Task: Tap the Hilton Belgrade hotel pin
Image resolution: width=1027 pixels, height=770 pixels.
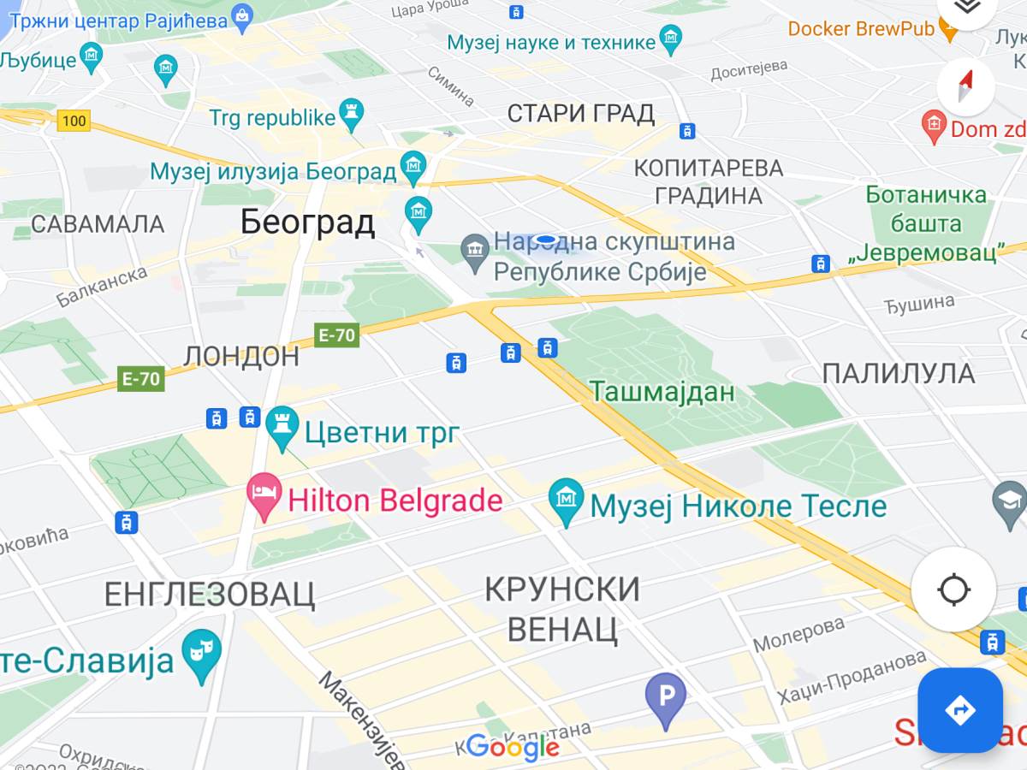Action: pos(264,495)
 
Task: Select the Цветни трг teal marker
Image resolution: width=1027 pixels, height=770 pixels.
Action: pos(282,427)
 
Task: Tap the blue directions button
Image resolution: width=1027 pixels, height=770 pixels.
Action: pos(959,710)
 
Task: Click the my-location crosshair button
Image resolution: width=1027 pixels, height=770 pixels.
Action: pos(953,589)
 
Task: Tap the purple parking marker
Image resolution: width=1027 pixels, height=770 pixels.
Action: pos(665,696)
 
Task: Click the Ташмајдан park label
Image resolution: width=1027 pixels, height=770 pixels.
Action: pos(662,392)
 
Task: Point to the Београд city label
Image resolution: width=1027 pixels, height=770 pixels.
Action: pos(307,222)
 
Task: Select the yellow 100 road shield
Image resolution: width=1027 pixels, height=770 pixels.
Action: pos(74,121)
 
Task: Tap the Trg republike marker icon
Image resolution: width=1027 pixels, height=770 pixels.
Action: pos(351,114)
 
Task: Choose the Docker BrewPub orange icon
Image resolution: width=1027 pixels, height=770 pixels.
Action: pos(948,29)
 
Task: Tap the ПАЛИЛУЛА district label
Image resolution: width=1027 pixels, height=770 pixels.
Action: pos(899,374)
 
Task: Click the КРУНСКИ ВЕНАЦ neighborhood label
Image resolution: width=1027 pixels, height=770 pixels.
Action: pos(562,608)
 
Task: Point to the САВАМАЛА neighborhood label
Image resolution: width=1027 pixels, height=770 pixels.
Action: pos(98,224)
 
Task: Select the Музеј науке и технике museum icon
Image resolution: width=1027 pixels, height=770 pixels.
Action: pos(671,39)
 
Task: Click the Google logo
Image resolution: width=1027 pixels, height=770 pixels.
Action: pos(513,747)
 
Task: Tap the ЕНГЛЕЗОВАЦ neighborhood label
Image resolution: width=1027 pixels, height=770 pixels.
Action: pos(210,593)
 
